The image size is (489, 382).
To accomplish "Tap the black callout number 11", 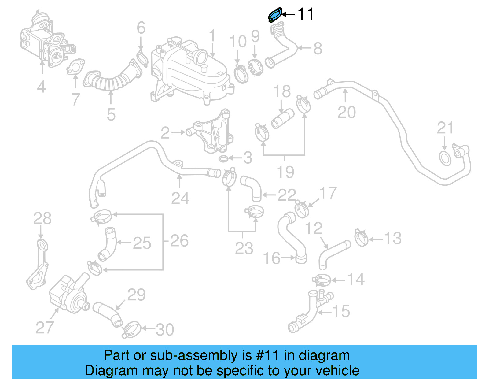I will coord(305,14).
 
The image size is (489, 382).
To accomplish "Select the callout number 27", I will coord(45,328).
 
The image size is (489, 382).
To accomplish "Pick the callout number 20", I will coord(347,112).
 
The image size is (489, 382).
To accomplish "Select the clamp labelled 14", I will coord(322,280).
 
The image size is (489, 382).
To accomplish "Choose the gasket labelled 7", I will coord(75,67).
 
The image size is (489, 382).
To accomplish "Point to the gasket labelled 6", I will coord(142,59).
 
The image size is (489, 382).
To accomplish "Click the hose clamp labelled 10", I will coord(241,74).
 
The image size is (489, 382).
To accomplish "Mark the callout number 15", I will coord(341,311).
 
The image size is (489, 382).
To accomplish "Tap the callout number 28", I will coord(42,218).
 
